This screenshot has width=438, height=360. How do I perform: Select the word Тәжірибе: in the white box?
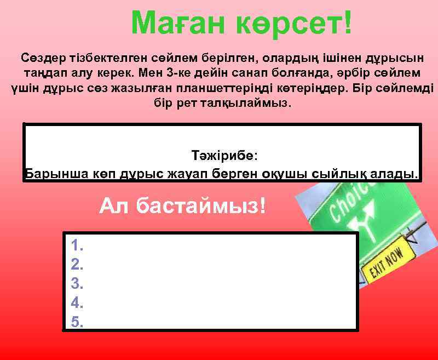[223, 156]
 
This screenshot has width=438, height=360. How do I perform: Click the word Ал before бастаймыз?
[115, 206]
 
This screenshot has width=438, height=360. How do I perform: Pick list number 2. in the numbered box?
[77, 265]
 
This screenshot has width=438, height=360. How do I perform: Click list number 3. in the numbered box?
[77, 284]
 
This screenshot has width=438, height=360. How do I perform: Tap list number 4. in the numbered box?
[77, 302]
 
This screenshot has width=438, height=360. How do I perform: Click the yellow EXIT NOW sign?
[387, 263]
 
